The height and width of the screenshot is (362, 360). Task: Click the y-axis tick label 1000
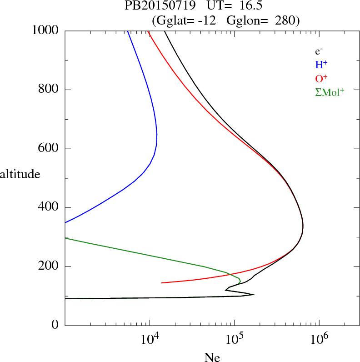click(x=45, y=31)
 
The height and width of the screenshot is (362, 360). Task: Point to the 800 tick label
click(x=49, y=90)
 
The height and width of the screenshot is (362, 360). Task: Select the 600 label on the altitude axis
click(x=49, y=149)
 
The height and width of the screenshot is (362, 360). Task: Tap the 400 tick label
click(x=49, y=208)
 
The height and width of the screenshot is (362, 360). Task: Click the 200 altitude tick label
click(x=49, y=266)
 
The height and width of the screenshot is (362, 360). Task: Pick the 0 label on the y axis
click(x=56, y=326)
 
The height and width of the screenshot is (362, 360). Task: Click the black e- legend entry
click(x=319, y=52)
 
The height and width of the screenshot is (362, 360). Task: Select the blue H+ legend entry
click(x=321, y=65)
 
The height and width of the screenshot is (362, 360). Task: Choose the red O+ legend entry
click(x=321, y=78)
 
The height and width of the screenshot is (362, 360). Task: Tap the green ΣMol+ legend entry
click(x=330, y=92)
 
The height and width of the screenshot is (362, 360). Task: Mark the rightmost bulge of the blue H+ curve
click(x=157, y=136)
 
